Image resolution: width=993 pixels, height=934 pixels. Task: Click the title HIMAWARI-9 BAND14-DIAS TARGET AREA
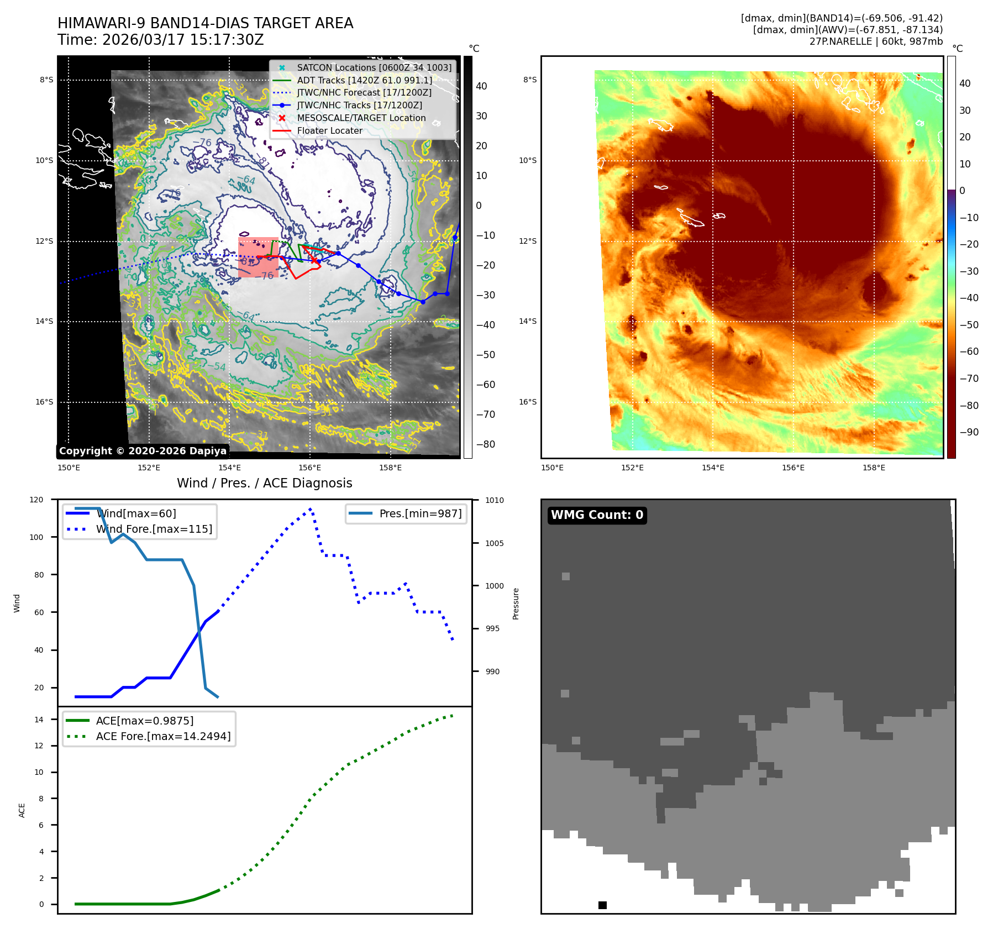205,23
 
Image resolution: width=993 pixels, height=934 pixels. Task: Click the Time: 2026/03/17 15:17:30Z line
160,40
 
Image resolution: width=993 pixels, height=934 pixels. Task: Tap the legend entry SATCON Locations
374,67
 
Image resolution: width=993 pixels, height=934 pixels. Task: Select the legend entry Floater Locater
329,130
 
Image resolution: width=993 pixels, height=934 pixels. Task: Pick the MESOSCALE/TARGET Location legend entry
361,118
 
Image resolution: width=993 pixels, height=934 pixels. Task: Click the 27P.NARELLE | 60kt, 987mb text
875,41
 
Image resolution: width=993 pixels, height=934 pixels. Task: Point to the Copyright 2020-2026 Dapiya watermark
143,451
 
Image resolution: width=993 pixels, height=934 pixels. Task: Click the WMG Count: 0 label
597,515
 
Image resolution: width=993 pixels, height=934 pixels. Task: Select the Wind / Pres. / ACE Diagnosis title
264,483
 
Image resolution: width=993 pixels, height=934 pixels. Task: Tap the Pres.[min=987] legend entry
420,513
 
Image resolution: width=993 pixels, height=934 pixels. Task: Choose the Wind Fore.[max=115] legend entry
154,529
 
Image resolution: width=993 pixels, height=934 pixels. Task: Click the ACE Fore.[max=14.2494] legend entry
163,736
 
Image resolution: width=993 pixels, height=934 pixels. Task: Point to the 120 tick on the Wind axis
36,500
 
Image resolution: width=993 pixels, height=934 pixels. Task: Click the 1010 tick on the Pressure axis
495,501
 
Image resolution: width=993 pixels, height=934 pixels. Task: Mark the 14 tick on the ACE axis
39,720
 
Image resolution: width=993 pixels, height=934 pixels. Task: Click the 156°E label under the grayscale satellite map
309,468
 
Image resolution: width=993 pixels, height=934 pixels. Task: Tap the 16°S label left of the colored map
527,402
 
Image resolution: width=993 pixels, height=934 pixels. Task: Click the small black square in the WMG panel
602,905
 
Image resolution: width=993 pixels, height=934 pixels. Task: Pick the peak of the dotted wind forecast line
311,508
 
